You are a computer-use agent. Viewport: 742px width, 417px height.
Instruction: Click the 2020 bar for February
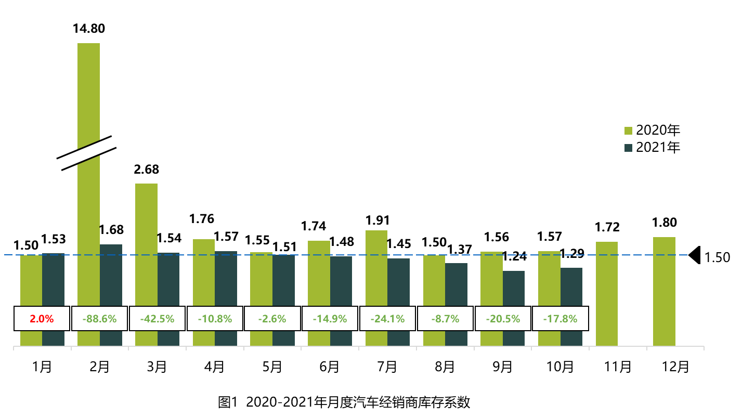(x=88, y=208)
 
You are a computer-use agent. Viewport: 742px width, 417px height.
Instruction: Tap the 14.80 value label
(x=89, y=28)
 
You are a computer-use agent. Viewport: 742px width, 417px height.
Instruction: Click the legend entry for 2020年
(x=653, y=130)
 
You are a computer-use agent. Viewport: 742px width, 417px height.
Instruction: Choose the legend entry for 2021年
(x=653, y=148)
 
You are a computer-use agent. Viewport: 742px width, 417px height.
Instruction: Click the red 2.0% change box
(x=42, y=319)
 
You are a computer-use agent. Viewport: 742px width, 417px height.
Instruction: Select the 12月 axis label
(x=675, y=367)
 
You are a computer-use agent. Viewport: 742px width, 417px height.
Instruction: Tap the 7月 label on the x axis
(x=387, y=367)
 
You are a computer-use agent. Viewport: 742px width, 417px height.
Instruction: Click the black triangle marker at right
(x=695, y=255)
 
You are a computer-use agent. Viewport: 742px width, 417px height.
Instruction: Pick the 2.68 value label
(x=147, y=170)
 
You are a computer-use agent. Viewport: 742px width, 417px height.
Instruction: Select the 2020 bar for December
(x=664, y=291)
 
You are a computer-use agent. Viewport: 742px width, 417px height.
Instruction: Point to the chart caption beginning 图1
(x=344, y=402)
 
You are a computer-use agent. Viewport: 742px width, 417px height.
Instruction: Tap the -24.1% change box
(x=387, y=319)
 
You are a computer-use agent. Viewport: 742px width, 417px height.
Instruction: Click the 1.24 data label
(x=514, y=256)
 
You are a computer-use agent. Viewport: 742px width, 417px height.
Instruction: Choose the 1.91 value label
(x=377, y=220)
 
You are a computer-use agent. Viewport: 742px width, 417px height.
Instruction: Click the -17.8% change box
(x=560, y=319)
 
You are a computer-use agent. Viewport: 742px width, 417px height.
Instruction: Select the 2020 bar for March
(x=146, y=244)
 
